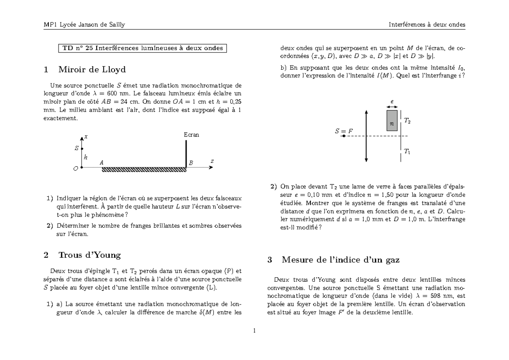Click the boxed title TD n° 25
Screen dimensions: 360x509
143,48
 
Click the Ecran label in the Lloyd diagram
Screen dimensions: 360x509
191,135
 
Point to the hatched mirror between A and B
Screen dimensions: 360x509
144,170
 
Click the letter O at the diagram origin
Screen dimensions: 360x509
76,168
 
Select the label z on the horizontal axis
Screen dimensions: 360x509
212,161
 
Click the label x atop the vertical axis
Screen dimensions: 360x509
86,137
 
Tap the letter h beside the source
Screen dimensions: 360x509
85,157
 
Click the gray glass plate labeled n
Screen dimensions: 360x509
392,120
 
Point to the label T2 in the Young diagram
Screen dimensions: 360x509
406,121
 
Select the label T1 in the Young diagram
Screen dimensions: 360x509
406,151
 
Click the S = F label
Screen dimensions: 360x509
344,131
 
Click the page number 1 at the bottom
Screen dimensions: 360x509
254,331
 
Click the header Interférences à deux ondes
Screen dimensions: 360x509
427,25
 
